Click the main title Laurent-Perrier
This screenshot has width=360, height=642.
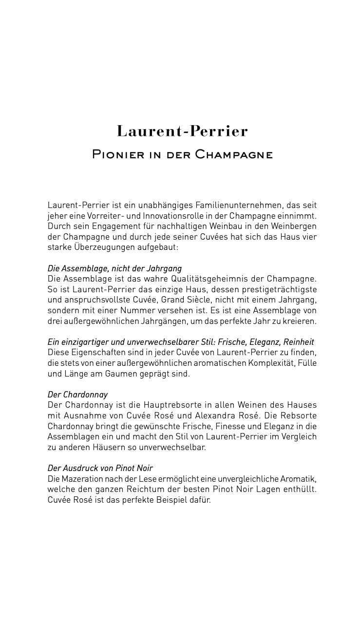pyautogui.click(x=182, y=131)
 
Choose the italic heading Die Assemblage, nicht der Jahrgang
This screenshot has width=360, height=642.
pyautogui.click(x=114, y=268)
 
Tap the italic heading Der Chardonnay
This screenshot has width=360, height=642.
pyautogui.click(x=77, y=395)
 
